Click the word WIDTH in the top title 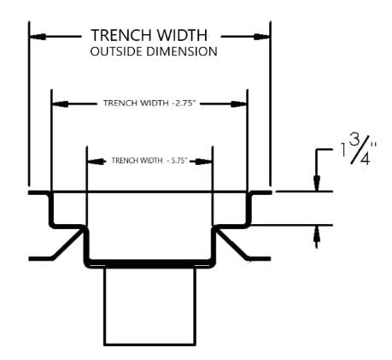click(183, 35)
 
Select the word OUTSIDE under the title click(116, 51)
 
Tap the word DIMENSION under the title click(182, 51)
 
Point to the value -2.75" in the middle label click(184, 103)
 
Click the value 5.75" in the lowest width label click(179, 161)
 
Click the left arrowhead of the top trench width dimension click(38, 37)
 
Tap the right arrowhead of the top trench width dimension click(261, 37)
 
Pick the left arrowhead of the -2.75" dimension click(60, 104)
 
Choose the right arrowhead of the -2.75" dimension click(238, 104)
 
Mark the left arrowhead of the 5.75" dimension click(96, 162)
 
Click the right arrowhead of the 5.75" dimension click(204, 162)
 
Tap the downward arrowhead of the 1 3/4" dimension click(317, 183)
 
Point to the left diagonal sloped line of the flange click(67, 244)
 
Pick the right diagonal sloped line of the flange click(232, 244)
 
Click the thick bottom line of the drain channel click(150, 263)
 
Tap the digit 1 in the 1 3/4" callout click(343, 150)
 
